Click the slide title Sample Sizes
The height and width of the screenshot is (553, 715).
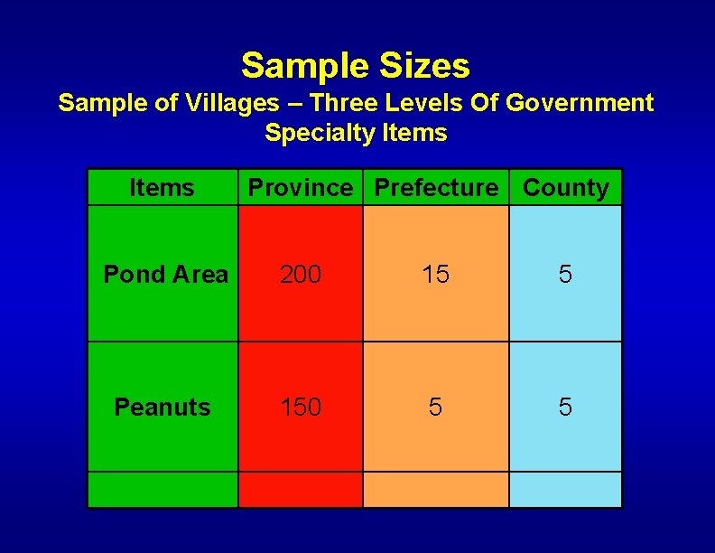coord(356,66)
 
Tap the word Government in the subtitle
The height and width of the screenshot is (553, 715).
coord(579,103)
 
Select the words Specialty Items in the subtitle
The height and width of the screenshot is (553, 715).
coord(356,133)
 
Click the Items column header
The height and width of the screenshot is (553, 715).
coord(162,188)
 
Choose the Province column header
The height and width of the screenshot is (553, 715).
coord(301,188)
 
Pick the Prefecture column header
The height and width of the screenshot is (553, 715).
coord(436,188)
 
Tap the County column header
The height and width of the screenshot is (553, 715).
coord(566,188)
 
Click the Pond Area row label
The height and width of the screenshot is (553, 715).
coord(165,274)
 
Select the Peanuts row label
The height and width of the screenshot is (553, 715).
coord(162,408)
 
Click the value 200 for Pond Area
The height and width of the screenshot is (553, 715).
coord(301,274)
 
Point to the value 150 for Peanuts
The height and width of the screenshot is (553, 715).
coord(301,408)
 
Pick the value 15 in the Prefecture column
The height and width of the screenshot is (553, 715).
coord(436,274)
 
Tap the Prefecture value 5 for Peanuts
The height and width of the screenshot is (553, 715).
coord(436,408)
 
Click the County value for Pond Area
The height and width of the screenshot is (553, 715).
coord(565,274)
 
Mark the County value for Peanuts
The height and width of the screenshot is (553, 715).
coord(565,408)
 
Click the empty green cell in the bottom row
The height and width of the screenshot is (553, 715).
coord(162,489)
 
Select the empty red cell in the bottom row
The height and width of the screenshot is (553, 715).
coord(301,489)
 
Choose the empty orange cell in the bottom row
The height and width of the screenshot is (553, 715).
coord(436,489)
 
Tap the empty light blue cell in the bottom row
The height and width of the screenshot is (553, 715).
coord(565,489)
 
